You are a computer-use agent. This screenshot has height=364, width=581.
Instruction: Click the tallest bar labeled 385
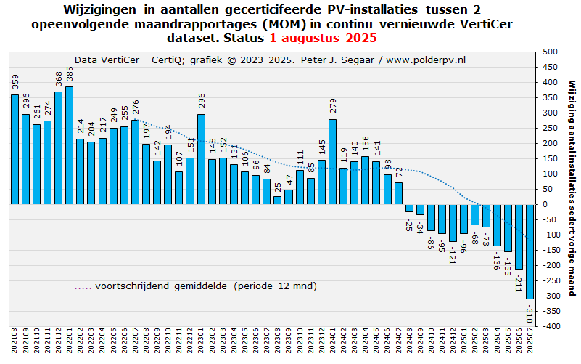pos(69,145)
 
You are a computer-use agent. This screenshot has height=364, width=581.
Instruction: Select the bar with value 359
pos(15,150)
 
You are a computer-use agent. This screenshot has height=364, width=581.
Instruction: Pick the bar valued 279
pos(332,161)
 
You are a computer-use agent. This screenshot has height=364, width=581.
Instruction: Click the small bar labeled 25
pos(277,200)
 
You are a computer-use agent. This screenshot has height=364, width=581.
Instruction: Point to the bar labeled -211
pos(519,236)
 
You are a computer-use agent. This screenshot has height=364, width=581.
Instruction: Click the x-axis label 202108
pos(15,341)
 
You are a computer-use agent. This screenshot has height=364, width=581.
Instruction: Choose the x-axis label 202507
pos(530,341)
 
